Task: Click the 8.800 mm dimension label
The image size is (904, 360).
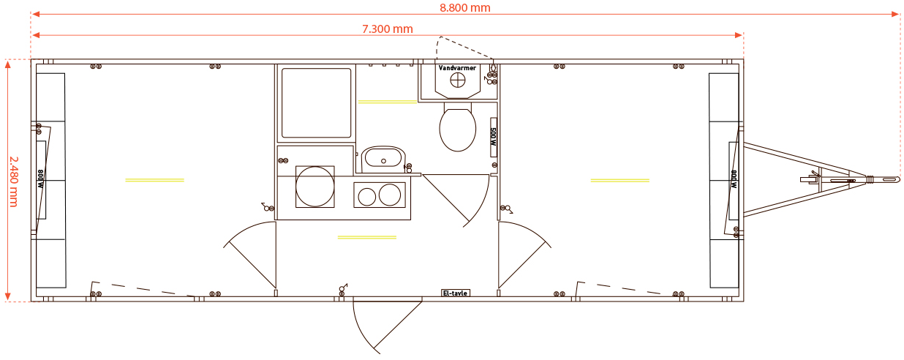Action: click(465, 7)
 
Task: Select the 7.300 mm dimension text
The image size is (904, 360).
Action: click(388, 29)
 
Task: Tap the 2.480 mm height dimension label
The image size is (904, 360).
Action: click(14, 181)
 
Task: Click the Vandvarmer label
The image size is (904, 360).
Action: click(457, 68)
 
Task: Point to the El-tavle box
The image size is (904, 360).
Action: click(456, 293)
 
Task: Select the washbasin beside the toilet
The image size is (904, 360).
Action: click(383, 160)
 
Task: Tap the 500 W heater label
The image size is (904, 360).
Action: click(493, 138)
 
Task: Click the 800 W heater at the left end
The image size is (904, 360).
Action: click(41, 180)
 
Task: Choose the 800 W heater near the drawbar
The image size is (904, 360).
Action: click(734, 180)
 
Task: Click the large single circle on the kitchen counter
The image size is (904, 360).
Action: click(314, 187)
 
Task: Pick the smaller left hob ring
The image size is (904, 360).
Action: click(367, 197)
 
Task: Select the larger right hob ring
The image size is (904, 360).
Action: click(390, 195)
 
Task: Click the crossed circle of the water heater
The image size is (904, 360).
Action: click(458, 80)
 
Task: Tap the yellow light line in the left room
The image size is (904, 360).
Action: click(154, 180)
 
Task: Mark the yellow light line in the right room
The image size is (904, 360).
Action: click(620, 181)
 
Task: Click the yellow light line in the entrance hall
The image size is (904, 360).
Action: click(367, 237)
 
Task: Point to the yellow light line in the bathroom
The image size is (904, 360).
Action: click(388, 102)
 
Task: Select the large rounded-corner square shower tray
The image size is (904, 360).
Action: click(317, 103)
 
